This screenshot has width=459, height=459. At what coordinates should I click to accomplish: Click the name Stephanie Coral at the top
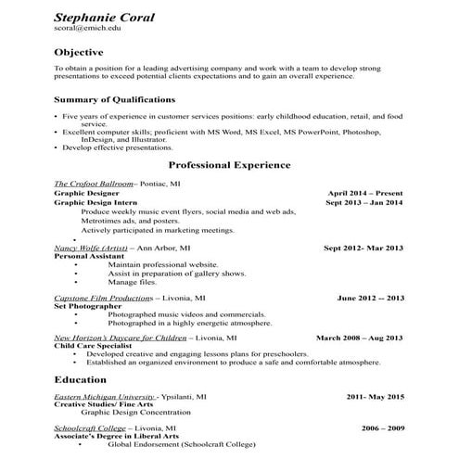(104, 18)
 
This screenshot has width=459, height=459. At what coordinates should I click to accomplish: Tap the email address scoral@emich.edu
(87, 30)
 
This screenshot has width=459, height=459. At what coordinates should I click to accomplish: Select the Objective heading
(79, 52)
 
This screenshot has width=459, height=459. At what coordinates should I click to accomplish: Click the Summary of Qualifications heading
(114, 98)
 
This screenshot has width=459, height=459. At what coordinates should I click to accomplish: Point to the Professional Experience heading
(229, 164)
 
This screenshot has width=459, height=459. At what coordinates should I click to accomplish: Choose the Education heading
(81, 379)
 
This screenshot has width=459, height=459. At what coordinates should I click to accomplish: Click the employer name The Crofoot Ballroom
(94, 184)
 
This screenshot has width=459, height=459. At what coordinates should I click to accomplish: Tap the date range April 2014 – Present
(365, 193)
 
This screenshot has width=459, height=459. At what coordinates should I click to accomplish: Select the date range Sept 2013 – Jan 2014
(363, 202)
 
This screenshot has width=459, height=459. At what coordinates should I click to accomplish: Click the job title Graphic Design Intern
(96, 202)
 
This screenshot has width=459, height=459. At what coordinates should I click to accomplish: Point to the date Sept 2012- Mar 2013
(363, 248)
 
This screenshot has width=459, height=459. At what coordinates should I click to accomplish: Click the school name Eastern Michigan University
(104, 396)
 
